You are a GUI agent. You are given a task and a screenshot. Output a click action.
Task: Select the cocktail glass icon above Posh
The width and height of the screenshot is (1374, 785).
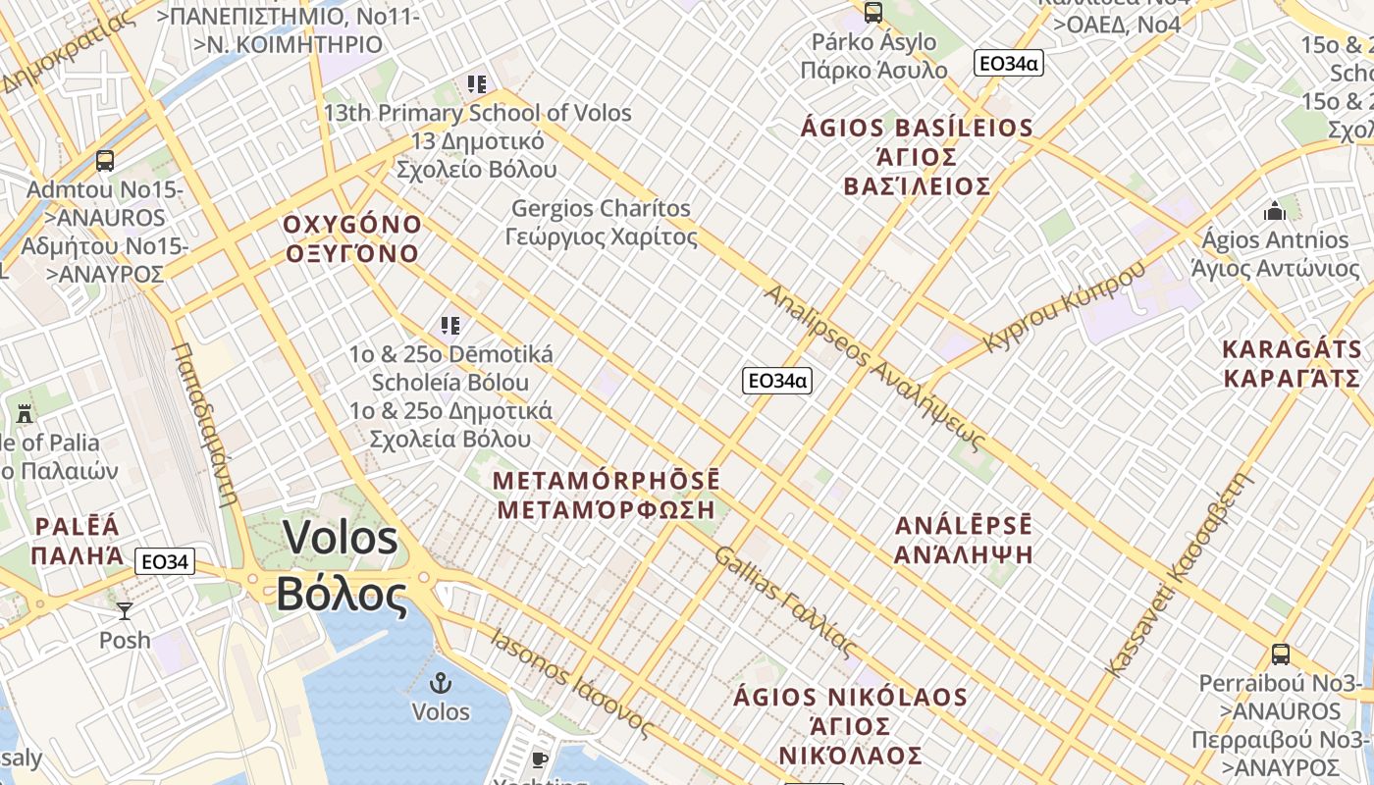coord(125,611)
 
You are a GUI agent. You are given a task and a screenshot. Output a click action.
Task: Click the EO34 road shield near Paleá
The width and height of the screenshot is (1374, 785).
coord(165,562)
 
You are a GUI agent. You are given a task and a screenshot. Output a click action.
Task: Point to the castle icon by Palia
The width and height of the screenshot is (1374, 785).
coord(25,413)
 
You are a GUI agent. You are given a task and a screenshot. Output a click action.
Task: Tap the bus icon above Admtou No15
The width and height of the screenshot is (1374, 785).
coord(105,160)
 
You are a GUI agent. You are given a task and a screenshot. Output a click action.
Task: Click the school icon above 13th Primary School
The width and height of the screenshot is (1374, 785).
coord(477,84)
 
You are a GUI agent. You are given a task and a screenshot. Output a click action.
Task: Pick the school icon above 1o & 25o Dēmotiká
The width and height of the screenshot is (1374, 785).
coord(450,325)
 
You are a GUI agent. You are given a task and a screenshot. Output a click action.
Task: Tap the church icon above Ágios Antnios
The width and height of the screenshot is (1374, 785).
coord(1275,211)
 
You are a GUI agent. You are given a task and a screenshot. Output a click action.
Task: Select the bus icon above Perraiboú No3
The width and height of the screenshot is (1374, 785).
coord(1280,654)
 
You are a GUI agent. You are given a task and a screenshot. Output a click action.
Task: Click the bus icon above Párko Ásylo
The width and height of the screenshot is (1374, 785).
coord(872,13)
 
